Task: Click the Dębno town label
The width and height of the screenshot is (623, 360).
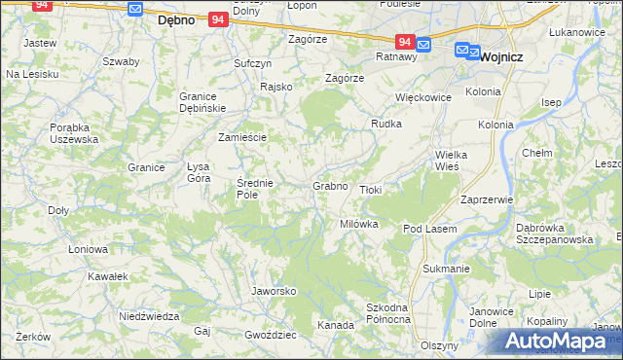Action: click(178, 18)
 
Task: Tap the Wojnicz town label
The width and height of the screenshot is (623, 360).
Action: click(502, 56)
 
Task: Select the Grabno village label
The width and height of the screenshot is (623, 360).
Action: click(330, 185)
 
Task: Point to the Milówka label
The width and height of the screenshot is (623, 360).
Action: click(358, 224)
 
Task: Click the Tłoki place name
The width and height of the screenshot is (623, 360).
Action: click(371, 190)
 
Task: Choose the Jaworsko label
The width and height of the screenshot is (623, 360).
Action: click(274, 291)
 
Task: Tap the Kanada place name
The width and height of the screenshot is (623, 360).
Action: click(336, 325)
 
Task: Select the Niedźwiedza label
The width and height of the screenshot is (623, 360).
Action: click(149, 317)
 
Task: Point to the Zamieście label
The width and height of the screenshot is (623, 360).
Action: click(242, 137)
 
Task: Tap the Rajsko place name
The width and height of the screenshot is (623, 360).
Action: click(276, 87)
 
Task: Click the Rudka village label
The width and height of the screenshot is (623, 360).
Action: click(386, 124)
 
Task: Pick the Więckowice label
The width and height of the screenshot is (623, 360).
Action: click(422, 97)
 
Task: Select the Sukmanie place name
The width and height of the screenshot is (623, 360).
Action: click(447, 268)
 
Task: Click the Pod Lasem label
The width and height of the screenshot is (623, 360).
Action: click(429, 228)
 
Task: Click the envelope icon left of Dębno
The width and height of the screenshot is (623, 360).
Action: click(136, 9)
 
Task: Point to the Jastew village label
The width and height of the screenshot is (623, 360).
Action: click(40, 44)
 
